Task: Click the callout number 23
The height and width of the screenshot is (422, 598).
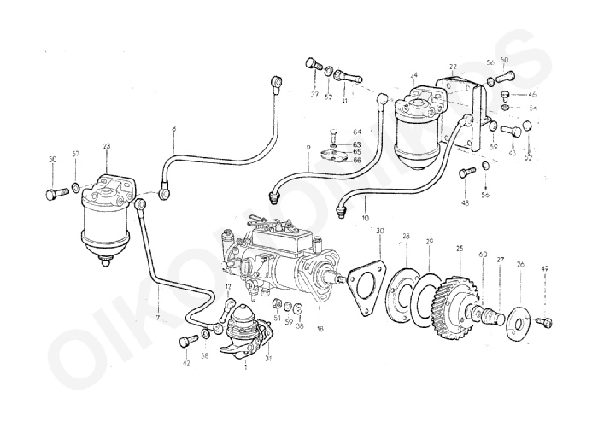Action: coord(107,146)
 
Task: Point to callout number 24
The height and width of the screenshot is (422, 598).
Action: coord(413,75)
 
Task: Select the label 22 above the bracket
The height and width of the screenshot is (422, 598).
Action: coord(453,67)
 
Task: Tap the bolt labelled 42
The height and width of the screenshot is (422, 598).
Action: coord(187,342)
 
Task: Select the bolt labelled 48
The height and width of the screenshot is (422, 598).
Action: coord(466,173)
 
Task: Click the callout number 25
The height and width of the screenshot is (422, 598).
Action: coord(459,249)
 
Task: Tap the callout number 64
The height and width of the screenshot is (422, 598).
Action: coord(357,131)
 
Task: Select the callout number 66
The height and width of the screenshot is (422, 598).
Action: coord(357,160)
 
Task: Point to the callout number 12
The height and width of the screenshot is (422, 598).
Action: coord(228,286)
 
